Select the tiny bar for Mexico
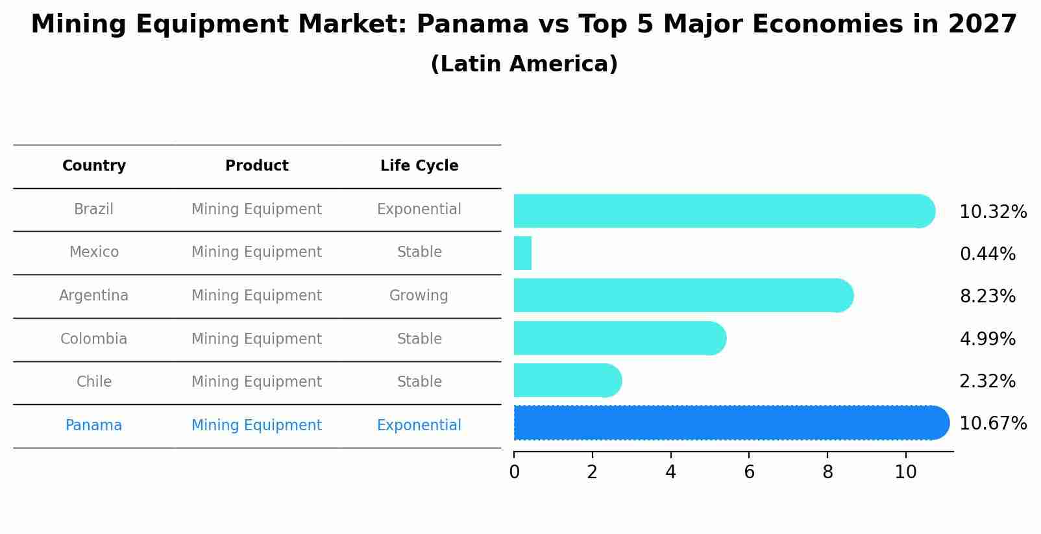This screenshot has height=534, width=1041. (522, 253)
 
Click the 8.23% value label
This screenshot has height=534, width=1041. (987, 297)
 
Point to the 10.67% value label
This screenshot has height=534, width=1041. (992, 424)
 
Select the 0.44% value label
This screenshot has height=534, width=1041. (987, 254)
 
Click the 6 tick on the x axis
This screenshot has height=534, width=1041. (749, 472)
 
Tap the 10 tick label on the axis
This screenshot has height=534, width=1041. (905, 472)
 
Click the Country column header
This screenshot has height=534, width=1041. (94, 166)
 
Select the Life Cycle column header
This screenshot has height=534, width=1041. (419, 166)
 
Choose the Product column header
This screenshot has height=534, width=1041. (257, 166)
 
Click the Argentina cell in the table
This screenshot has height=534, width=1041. (94, 296)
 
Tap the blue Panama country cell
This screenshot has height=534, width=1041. (94, 426)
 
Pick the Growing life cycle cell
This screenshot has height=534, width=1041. (419, 296)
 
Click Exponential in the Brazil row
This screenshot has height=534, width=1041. (419, 210)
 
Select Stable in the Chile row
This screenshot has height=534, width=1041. (419, 382)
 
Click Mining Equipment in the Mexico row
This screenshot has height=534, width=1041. (256, 252)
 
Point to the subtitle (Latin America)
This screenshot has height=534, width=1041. (524, 64)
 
